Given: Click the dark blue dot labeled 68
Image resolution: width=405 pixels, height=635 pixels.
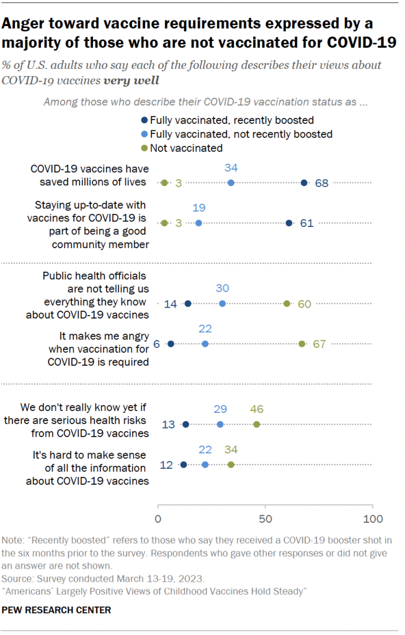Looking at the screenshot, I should [304, 182].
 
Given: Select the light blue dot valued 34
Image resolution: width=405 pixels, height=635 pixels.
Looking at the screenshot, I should [231, 182].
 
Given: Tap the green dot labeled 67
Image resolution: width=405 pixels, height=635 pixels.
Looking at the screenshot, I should [302, 344].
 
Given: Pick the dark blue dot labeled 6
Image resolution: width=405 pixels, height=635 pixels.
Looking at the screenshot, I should [171, 344].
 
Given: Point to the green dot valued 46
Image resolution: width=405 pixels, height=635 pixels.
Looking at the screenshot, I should [257, 424].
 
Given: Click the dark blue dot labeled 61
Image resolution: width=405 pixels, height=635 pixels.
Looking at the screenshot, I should [289, 223].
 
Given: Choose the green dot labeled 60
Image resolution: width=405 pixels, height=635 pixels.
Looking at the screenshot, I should [287, 303].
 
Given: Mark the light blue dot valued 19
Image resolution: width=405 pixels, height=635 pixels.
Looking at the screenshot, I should [198, 223].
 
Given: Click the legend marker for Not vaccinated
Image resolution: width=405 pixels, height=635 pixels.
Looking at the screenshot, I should [145, 148].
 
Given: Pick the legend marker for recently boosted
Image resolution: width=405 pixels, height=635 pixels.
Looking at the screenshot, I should [145, 120].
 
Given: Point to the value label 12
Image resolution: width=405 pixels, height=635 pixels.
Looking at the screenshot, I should [166, 464].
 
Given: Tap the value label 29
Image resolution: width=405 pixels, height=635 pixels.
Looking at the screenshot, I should [220, 409].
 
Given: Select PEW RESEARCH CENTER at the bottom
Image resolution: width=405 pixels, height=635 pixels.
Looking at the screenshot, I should [57, 610].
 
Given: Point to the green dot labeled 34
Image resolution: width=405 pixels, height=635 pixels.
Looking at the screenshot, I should [231, 464].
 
